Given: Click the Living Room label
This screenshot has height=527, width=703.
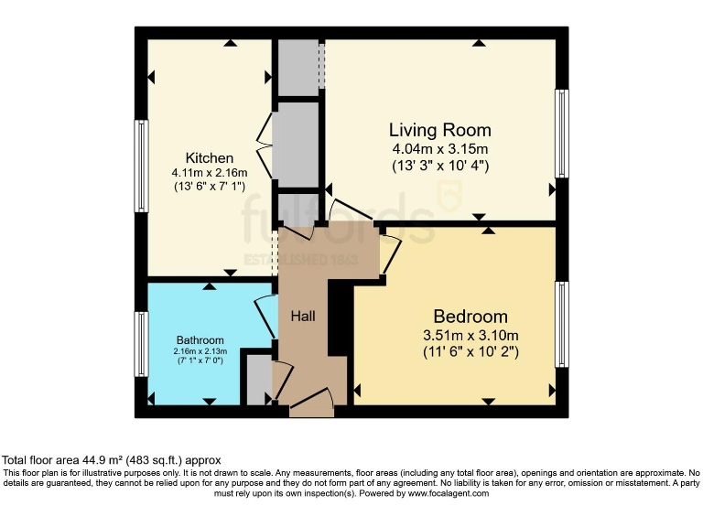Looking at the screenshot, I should coord(439,130).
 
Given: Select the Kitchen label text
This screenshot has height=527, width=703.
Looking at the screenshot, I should coord(209,157).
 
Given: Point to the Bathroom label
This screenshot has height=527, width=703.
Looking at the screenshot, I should coord(200,340).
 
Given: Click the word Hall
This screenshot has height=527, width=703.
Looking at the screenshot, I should coord(303,316).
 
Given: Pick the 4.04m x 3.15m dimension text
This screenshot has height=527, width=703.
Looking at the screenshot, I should coord(439,149).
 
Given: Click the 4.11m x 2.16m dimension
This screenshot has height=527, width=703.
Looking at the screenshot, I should coord(209,172).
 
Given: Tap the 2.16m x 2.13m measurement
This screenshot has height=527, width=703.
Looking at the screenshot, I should coord(200,350).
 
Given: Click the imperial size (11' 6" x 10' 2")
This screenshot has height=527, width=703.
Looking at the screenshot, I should coord(470,351).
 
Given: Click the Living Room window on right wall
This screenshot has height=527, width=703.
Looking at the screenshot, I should coord(563,133).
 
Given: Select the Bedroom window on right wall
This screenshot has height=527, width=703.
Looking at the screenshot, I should coord(563,325).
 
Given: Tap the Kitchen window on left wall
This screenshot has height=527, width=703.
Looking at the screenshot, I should coord(142,167).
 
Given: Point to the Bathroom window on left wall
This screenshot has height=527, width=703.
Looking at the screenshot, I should coord(142,343).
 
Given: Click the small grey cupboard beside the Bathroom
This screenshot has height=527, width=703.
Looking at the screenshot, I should coord(256,381).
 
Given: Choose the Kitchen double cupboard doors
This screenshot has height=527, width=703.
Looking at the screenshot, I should coord(265,146).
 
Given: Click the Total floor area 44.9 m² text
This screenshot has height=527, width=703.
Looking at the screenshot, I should coord(111,460).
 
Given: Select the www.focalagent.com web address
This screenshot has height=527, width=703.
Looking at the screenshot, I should coord(436,493).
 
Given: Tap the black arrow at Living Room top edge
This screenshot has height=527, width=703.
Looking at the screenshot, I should coord(479,42).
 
